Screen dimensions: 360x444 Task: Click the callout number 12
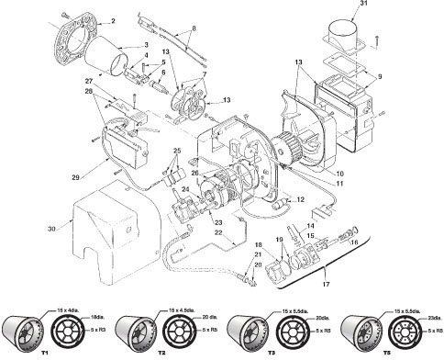pyautogui.click(x=301, y=198)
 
